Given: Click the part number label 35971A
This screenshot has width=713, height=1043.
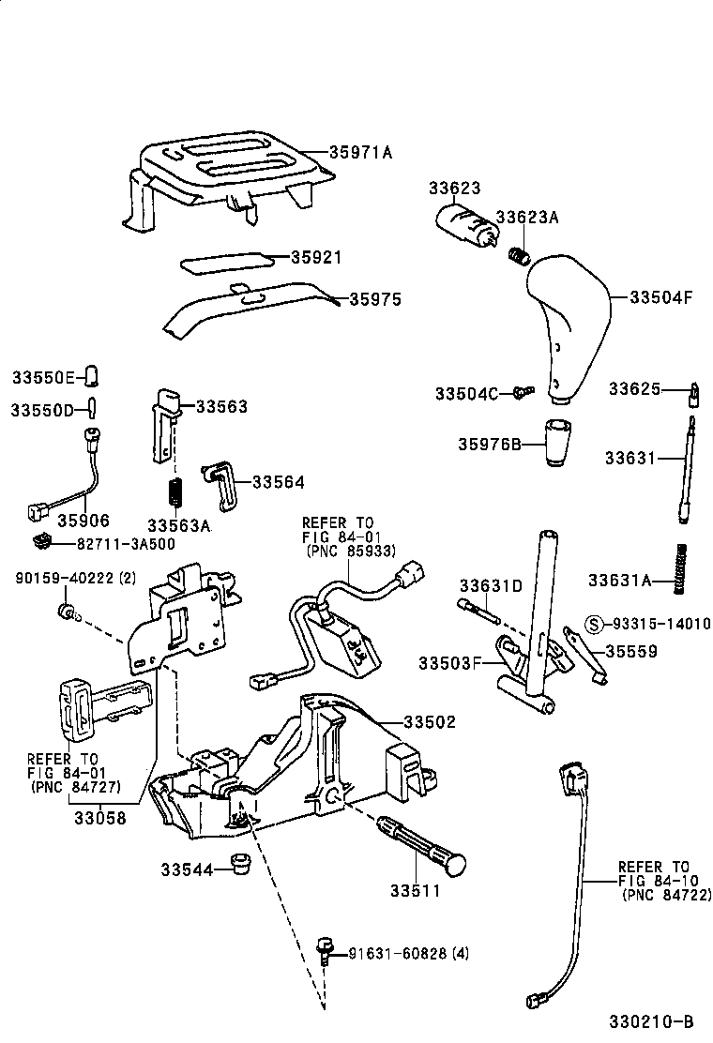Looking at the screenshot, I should (x=360, y=152).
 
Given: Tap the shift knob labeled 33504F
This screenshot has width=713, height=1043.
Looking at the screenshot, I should (x=568, y=319).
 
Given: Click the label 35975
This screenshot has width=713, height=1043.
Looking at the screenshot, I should (x=375, y=299).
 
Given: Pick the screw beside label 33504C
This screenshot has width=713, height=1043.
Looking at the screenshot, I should (x=522, y=391).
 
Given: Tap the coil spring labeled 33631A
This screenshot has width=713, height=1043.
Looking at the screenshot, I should (x=682, y=567).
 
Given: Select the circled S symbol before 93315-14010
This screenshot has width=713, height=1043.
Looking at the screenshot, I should (x=593, y=623).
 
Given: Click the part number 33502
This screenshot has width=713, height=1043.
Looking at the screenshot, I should (x=430, y=722).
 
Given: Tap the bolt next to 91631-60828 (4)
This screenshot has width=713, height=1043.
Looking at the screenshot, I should (x=326, y=949).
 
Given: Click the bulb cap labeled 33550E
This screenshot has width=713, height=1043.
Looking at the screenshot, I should (x=92, y=376).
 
